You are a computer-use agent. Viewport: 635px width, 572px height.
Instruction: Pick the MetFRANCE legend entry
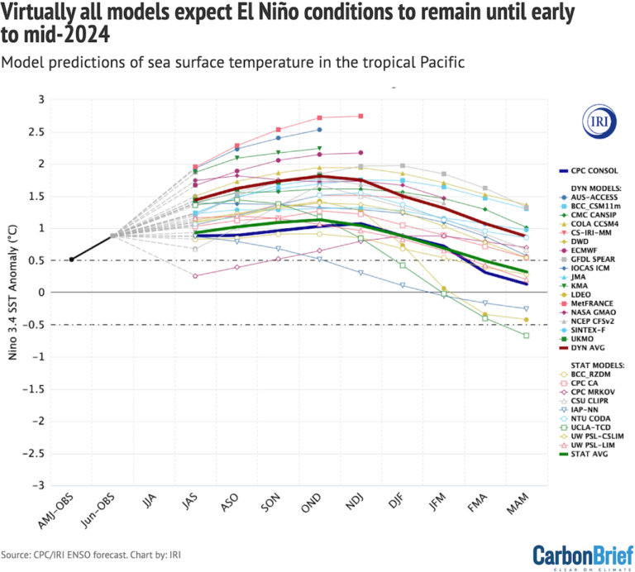[x=597, y=302]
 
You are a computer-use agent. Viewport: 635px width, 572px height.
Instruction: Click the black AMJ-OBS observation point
[x=71, y=260]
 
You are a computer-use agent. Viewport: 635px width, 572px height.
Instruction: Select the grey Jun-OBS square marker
[x=113, y=236]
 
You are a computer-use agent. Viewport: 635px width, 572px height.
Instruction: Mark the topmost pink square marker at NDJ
[x=360, y=116]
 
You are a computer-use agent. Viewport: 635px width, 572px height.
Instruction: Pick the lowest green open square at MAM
[x=526, y=335]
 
